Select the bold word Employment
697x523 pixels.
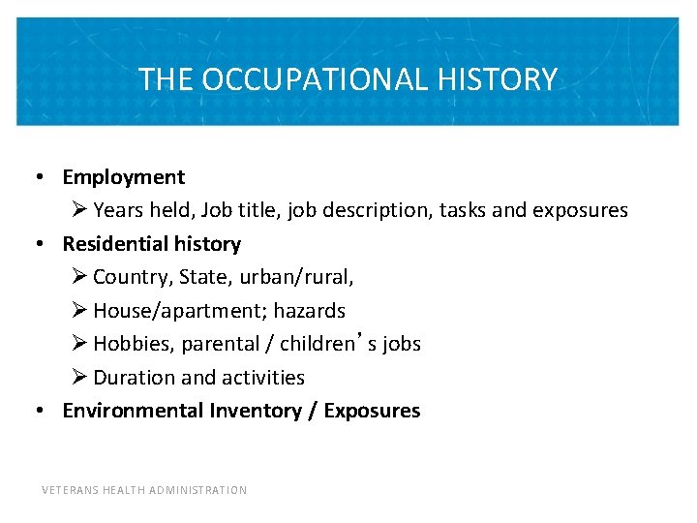[123, 177]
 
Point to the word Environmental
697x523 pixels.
[133, 411]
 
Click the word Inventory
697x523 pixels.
[256, 411]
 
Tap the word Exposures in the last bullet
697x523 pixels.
[372, 411]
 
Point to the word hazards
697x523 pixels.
[308, 311]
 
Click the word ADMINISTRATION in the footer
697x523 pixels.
[200, 490]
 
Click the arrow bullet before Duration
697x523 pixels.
[80, 378]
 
